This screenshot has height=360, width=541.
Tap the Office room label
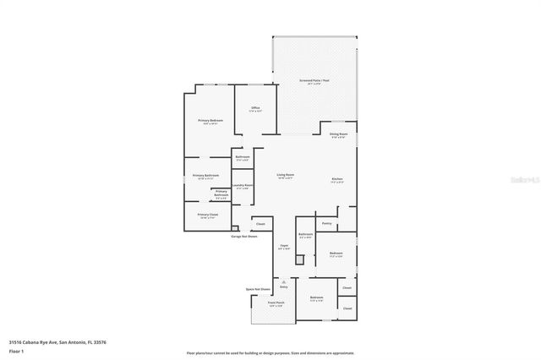click(255, 108)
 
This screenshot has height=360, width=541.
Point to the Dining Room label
click(338, 134)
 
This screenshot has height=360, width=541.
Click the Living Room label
click(285, 175)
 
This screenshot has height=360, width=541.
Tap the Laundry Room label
click(243, 186)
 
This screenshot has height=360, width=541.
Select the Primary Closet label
click(208, 215)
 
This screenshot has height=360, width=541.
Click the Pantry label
click(326, 223)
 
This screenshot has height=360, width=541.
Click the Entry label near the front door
click(284, 287)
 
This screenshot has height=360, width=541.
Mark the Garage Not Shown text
click(244, 237)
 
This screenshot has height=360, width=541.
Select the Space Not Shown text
click(258, 289)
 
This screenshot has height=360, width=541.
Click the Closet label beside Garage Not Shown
click(260, 224)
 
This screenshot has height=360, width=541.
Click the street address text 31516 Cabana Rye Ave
click(57, 342)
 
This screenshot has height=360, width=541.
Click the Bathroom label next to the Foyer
click(306, 235)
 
